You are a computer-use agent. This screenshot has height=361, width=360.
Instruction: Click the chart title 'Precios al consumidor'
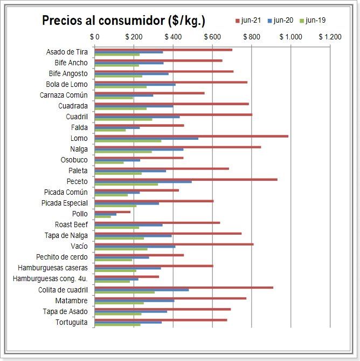point(123,21)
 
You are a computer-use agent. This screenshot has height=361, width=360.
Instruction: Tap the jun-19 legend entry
point(315,21)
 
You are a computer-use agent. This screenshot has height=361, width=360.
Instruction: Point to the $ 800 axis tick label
point(252,37)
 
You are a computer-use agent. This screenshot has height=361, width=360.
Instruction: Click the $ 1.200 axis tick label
point(330,37)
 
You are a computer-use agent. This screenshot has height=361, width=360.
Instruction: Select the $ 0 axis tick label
point(95,37)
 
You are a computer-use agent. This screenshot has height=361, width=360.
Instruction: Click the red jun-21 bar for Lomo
point(191,136)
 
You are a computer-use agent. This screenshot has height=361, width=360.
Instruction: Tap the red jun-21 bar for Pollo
point(113,212)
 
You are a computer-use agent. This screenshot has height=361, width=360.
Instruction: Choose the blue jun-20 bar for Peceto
point(143,182)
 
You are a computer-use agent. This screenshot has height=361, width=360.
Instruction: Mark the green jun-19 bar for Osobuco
point(109,163)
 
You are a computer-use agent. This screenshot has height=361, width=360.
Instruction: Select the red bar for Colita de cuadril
point(184,287)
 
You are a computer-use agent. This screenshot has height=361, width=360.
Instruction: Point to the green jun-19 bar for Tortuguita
point(117,325)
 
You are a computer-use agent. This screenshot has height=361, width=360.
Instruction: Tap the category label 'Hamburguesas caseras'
point(53,268)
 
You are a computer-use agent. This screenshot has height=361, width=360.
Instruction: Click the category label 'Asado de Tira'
point(67,52)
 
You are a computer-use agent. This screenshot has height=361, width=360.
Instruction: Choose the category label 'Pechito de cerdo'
point(62,257)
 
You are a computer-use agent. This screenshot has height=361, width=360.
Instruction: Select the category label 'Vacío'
point(79,247)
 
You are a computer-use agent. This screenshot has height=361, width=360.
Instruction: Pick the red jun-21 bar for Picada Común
point(137,190)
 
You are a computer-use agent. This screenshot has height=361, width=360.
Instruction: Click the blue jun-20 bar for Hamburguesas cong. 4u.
point(116,279)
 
